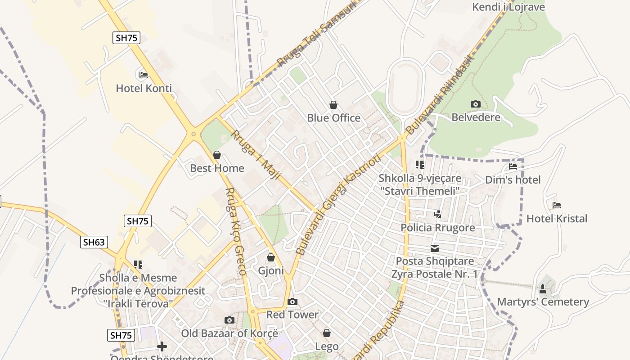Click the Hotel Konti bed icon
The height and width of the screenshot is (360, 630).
tap(144, 75)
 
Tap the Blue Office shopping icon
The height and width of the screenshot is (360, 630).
tap(333, 105)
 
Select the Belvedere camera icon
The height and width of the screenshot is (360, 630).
tap(476, 104)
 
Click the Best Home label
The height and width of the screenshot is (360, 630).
tap(217, 168)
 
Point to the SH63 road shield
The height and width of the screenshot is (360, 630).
tap(94, 242)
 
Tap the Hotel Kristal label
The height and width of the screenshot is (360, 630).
tap(557, 219)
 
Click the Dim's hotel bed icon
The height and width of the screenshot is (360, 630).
tap(513, 166)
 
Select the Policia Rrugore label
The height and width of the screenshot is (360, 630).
tap(437, 228)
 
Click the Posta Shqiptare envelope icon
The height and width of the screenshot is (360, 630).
tap(435, 248)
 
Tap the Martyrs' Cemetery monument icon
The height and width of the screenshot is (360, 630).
tap(543, 289)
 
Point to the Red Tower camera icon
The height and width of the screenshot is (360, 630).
tap(292, 301)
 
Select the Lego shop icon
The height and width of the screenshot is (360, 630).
tap(327, 333)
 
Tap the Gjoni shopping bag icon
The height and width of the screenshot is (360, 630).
tap(271, 258)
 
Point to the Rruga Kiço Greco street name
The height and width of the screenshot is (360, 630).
tap(235, 232)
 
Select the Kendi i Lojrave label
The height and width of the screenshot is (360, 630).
tap(508, 7)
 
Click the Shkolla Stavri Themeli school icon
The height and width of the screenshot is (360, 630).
tap(420, 165)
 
